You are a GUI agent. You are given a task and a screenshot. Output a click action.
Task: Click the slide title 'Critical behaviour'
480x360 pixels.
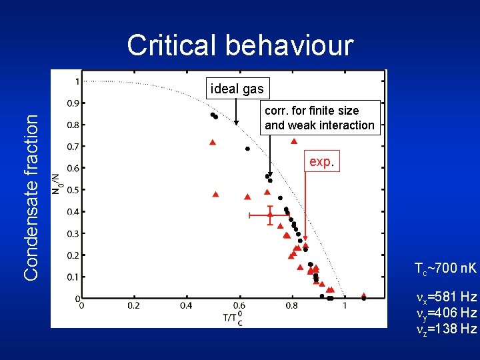point(240,45)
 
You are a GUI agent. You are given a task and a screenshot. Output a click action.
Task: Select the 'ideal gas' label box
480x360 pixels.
point(237,89)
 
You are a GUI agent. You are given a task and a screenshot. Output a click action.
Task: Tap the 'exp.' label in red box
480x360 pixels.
point(321,161)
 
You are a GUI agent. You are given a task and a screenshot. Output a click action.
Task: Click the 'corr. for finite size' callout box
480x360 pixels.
point(319,118)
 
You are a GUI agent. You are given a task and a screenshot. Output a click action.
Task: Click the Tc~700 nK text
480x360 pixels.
point(445,269)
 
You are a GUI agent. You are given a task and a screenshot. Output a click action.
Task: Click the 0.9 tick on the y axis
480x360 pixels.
point(69,103)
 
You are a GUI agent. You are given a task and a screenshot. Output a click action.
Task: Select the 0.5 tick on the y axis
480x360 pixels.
point(69,190)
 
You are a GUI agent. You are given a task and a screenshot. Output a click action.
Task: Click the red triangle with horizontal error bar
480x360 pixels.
point(270,215)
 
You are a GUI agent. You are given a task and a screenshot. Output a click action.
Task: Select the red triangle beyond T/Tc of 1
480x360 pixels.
point(363,295)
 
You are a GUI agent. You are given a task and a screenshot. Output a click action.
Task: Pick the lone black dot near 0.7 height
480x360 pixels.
point(247,149)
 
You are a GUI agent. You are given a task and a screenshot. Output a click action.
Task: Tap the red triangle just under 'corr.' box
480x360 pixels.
point(293,141)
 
